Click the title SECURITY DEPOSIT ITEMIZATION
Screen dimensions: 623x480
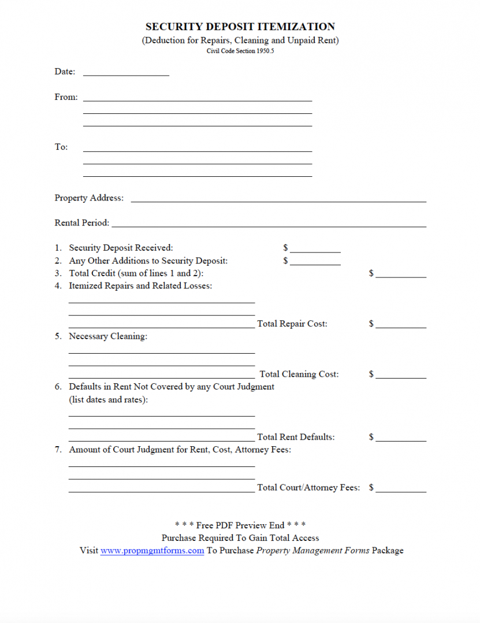tap(240, 27)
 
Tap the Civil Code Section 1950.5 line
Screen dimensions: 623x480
tap(240, 51)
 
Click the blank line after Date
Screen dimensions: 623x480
tap(126, 73)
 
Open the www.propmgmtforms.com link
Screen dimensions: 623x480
tap(152, 551)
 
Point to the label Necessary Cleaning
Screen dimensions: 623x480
tap(108, 336)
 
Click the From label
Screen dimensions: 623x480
tap(66, 97)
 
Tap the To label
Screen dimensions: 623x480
tap(61, 147)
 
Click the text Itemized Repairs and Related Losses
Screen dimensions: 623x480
tap(140, 286)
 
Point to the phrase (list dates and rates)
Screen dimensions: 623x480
tap(108, 400)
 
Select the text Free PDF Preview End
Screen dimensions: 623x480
tap(240, 525)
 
